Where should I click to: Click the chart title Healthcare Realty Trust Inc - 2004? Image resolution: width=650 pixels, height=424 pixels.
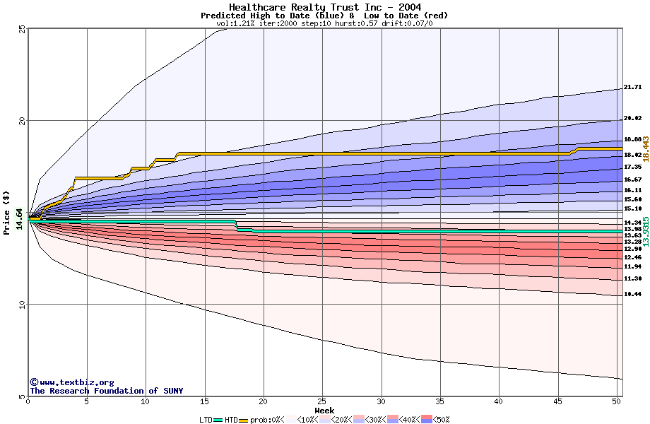[324, 6]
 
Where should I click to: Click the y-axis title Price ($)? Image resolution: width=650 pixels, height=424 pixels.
[6, 212]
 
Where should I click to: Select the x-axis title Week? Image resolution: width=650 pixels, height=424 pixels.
[324, 411]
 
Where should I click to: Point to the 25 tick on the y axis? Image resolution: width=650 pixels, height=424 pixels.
[22, 28]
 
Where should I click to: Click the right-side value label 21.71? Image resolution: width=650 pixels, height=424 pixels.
[632, 88]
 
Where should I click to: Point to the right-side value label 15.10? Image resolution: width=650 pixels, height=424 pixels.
[632, 208]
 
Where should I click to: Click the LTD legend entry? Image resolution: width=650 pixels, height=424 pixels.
[206, 419]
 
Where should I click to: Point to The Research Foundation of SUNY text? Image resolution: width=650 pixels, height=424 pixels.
[106, 391]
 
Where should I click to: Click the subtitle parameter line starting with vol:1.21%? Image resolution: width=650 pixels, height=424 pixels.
[324, 23]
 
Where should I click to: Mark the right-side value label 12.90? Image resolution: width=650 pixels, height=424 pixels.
[632, 249]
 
